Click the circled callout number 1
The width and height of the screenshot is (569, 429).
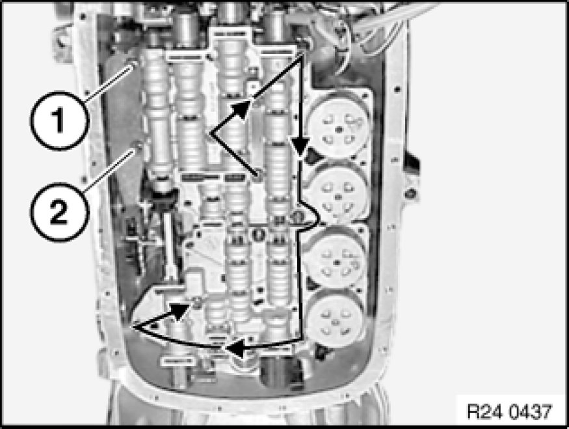click(x=59, y=121)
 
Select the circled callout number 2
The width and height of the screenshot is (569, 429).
click(x=59, y=212)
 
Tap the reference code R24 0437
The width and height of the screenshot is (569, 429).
click(x=509, y=411)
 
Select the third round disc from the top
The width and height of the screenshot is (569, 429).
click(x=336, y=260)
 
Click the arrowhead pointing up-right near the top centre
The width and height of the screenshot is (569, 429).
click(x=241, y=109)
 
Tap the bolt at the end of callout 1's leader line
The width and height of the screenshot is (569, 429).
click(x=135, y=64)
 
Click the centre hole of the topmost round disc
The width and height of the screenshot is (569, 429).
click(x=339, y=129)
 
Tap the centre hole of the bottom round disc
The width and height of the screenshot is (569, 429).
click(x=336, y=322)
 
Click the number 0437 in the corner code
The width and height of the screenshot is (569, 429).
click(x=530, y=411)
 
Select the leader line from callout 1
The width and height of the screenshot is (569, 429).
click(x=110, y=82)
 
